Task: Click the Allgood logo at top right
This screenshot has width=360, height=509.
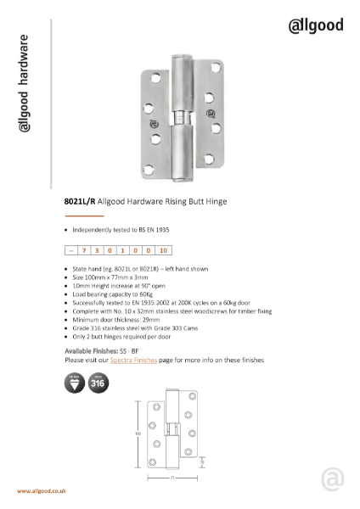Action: click(x=316, y=25)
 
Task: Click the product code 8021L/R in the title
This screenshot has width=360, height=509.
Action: click(x=81, y=203)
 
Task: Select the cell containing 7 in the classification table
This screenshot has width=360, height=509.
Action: click(x=84, y=250)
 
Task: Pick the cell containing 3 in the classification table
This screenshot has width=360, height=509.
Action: click(x=97, y=250)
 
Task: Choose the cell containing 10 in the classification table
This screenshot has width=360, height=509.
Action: click(x=164, y=250)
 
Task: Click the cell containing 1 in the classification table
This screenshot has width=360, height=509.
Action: click(x=123, y=250)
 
